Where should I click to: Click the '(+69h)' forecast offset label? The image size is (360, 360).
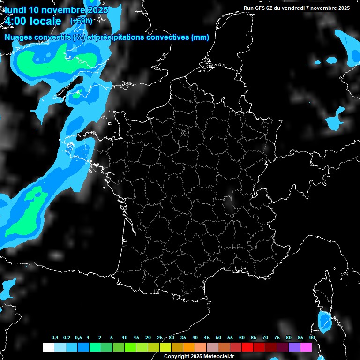coord(81,21)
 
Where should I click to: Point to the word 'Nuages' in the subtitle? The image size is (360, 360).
coord(20,38)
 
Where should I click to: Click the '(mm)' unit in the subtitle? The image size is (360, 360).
coord(200,38)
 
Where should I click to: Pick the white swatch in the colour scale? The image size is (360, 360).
coord(48,347)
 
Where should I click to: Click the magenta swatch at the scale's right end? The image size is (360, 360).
coord(306,347)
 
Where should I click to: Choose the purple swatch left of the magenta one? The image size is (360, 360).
coord(294,347)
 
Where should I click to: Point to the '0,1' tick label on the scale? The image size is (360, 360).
coord(55,338)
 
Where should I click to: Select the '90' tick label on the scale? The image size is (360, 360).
coord(312,338)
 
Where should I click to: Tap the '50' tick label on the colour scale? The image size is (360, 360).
coord(218,338)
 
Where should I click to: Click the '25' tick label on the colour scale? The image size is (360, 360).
coord(160,338)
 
